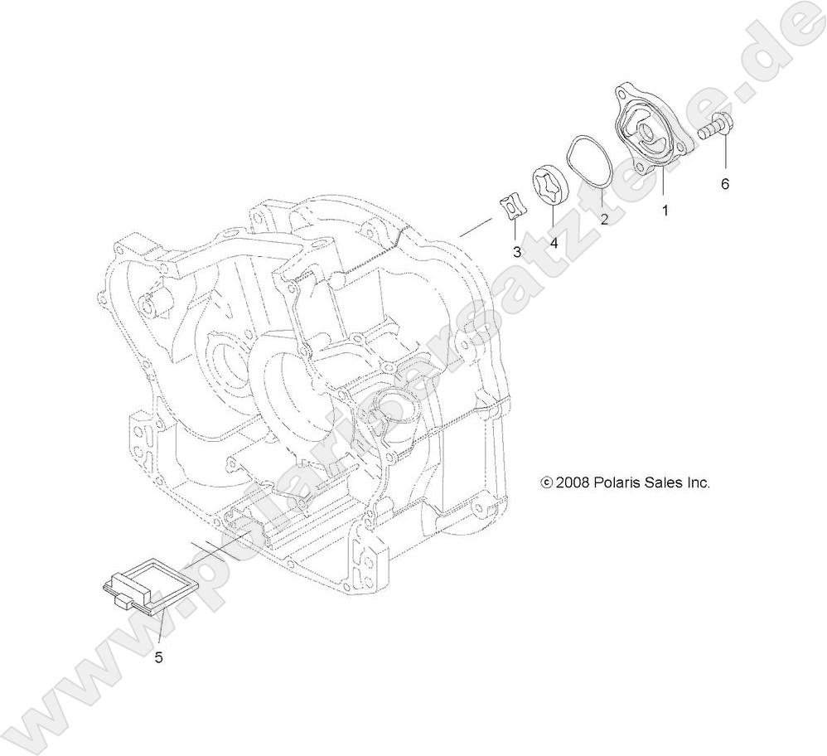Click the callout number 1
coord(664,211)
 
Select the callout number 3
coord(516,251)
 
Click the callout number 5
coord(158,658)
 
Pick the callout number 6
coord(724,184)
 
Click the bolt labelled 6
coord(716,128)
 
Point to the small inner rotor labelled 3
coord(514,209)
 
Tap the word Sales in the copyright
coord(661,482)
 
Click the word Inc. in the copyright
coord(698,482)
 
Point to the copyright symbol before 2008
coord(545,482)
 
